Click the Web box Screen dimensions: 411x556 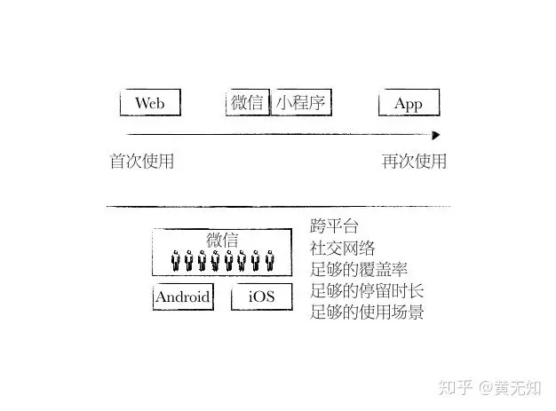pyautogui.click(x=149, y=103)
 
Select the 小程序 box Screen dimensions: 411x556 pyautogui.click(x=302, y=103)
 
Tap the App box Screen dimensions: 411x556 pyautogui.click(x=409, y=104)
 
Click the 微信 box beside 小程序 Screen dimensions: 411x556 pyautogui.click(x=247, y=103)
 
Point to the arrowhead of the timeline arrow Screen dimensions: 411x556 pyautogui.click(x=435, y=135)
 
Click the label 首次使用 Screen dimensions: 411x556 pyautogui.click(x=141, y=162)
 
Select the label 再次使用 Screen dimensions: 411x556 pyautogui.click(x=414, y=162)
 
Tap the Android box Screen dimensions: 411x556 pyautogui.click(x=183, y=296)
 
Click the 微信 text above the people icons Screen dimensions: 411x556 pyautogui.click(x=222, y=241)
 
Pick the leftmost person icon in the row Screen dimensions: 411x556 pyautogui.click(x=176, y=262)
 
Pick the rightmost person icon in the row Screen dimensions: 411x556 pyautogui.click(x=269, y=262)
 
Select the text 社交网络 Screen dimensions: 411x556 pyautogui.click(x=342, y=248)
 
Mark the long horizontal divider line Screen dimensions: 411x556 pyautogui.click(x=278, y=207)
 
